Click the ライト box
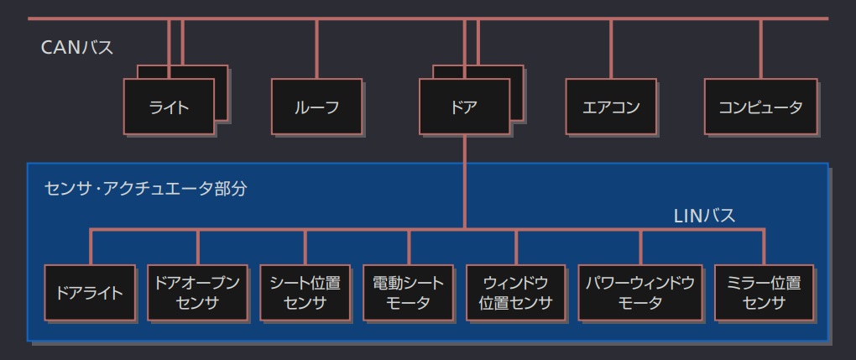(x=170, y=107)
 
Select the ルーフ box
(x=316, y=107)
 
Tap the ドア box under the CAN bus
(x=464, y=107)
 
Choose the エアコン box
(x=611, y=107)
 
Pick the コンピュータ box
(x=760, y=107)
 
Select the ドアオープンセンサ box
(x=198, y=293)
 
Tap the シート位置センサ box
(x=305, y=293)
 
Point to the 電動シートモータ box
(x=409, y=293)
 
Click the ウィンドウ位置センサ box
(x=516, y=293)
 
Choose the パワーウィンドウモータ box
(x=639, y=293)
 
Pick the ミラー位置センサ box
(x=764, y=293)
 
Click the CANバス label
(x=77, y=48)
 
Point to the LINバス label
(x=705, y=216)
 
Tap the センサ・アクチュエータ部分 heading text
(x=145, y=188)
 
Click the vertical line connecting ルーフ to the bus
(x=316, y=49)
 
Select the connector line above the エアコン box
(x=611, y=49)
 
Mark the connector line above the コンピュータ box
(x=760, y=49)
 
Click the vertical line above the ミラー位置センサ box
(x=764, y=246)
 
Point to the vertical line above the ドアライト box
(x=90, y=246)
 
